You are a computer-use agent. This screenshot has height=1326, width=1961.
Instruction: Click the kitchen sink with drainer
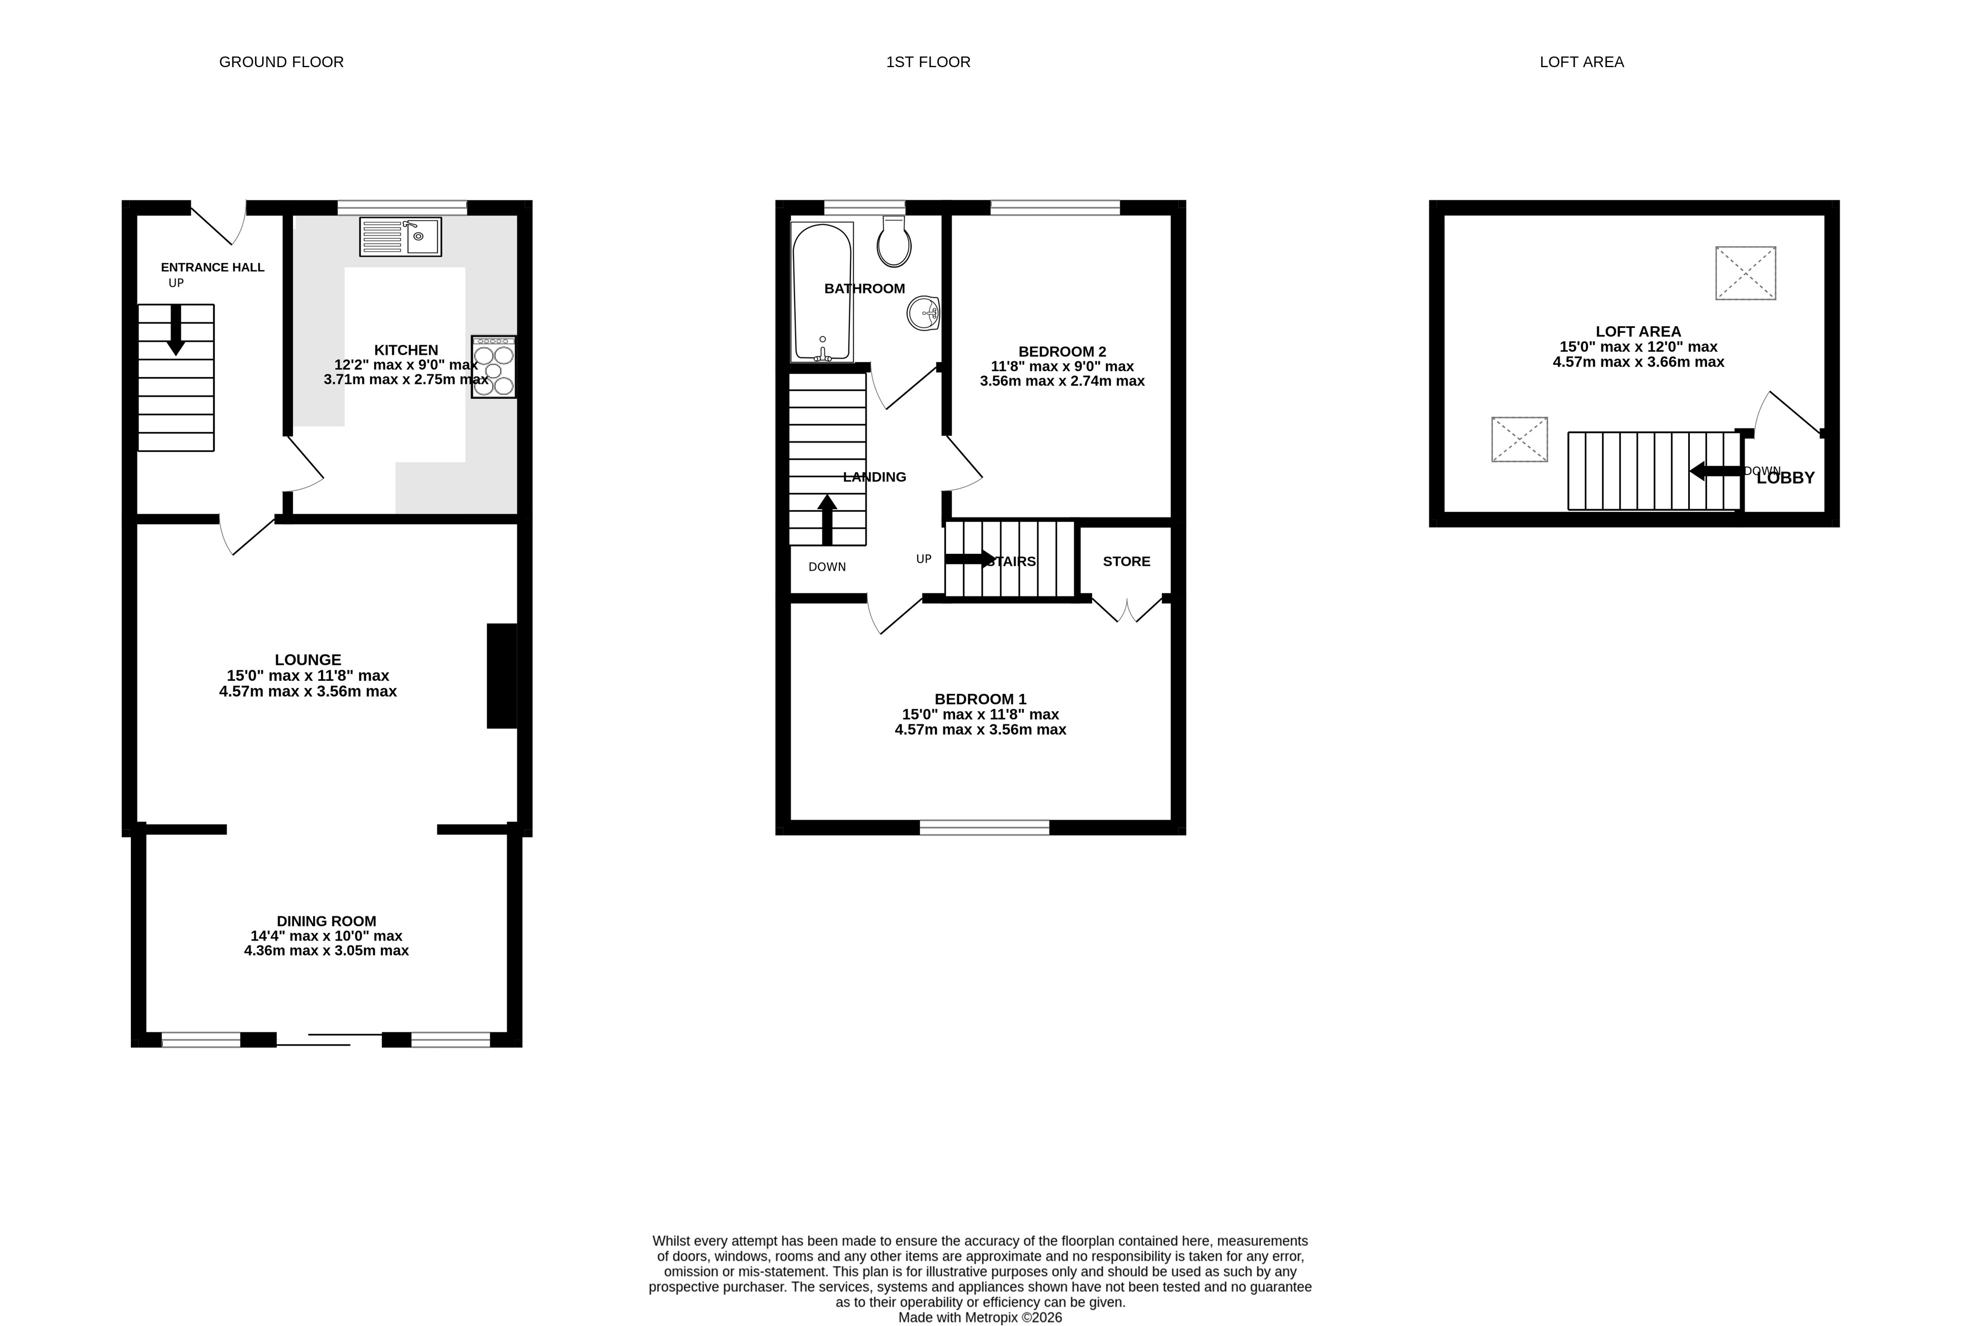tap(400, 236)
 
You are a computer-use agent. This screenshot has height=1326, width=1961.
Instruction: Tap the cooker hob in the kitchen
tap(494, 367)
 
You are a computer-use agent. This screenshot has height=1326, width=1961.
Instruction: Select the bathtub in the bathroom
tap(823, 292)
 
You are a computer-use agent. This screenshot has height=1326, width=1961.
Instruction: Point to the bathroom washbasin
tap(924, 313)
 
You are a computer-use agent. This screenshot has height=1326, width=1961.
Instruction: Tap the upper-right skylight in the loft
tap(1746, 272)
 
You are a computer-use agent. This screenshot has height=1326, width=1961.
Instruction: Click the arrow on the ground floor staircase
tap(176, 329)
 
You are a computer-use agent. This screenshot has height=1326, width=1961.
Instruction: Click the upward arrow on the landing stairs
tap(827, 519)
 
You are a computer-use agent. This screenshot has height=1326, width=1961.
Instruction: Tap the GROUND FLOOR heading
tap(281, 62)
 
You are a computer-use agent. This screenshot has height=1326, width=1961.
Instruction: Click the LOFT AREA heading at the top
tap(1581, 62)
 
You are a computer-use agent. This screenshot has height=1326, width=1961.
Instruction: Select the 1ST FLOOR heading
tap(928, 62)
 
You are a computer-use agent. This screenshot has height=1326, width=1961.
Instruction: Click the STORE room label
tap(1127, 561)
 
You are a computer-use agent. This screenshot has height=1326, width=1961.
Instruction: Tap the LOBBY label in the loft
tap(1785, 478)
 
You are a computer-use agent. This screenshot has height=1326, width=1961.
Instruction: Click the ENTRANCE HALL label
tap(212, 267)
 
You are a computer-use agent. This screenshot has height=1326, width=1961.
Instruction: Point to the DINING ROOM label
tap(327, 921)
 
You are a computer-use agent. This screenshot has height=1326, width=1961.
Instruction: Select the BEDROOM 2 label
tap(1062, 351)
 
